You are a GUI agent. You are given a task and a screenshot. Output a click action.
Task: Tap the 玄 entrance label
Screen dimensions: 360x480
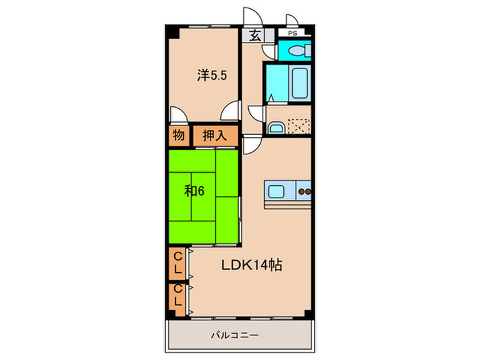(x=254, y=36)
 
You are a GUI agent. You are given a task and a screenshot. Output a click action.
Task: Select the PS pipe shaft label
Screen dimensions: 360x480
(x=293, y=33)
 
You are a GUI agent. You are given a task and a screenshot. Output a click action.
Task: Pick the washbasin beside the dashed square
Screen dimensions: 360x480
(x=276, y=127)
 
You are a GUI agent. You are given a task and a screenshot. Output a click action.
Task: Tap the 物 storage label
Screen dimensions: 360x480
(x=178, y=136)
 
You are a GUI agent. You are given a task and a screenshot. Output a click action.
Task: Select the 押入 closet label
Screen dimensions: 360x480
(x=214, y=136)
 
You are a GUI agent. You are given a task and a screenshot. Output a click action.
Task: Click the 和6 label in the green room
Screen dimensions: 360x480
(x=194, y=191)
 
